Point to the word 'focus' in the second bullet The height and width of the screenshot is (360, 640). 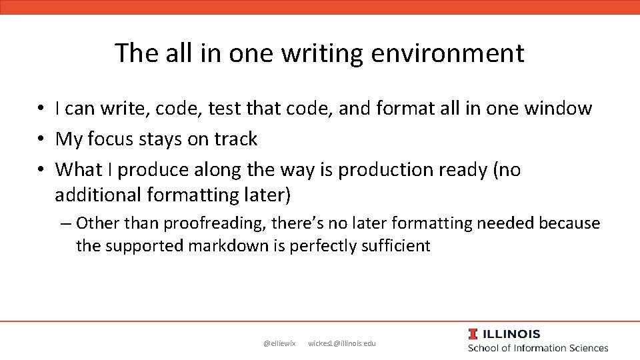coord(115,139)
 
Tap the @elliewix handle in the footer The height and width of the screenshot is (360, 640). coord(279,343)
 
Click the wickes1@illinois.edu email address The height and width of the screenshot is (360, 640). coord(342,343)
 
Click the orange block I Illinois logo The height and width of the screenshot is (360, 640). coord(473,334)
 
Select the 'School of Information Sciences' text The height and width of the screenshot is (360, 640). coord(538,348)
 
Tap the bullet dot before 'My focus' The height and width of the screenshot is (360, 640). coord(41,139)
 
